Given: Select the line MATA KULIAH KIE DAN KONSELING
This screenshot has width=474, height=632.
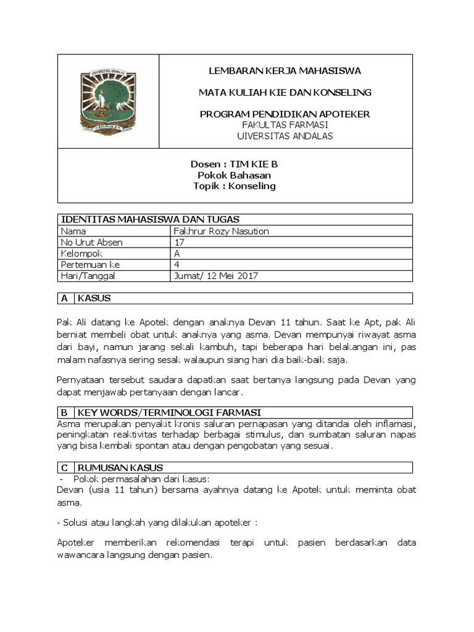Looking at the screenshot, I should click(285, 93).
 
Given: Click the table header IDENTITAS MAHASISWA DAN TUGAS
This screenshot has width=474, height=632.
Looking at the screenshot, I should click(149, 219).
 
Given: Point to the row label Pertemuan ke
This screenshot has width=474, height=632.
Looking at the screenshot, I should click(86, 265).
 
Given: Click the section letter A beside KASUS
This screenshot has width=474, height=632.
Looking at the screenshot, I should click(64, 298).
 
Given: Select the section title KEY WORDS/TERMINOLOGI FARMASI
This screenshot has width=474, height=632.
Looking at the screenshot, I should click(169, 412).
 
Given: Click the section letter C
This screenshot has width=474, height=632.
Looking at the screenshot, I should click(64, 467).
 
